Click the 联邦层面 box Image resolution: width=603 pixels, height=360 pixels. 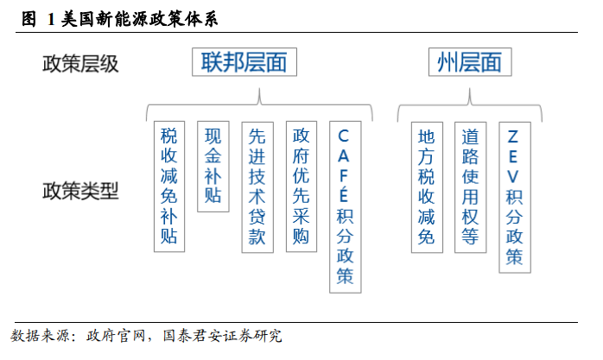(x=244, y=62)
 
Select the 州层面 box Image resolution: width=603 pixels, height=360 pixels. (x=470, y=62)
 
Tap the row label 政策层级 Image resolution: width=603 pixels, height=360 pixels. (x=80, y=64)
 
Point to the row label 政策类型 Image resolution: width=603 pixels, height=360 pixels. (x=80, y=191)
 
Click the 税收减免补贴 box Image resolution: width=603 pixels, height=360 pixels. (x=169, y=186)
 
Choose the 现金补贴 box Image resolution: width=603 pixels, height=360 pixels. (x=213, y=167)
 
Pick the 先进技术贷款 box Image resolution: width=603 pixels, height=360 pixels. (x=257, y=187)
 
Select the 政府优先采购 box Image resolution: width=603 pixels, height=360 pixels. (x=301, y=186)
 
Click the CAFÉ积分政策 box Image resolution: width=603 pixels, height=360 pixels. (x=346, y=207)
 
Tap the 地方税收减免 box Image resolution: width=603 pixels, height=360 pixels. (x=427, y=187)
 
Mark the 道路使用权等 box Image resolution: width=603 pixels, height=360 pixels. (x=470, y=187)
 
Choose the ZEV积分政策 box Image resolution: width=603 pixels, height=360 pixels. (x=515, y=198)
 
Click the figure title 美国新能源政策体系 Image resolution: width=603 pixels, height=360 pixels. (x=139, y=19)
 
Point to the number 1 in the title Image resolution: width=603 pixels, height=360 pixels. (x=51, y=19)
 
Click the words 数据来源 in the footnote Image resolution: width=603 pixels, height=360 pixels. (x=41, y=336)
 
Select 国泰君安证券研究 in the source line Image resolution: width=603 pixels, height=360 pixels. (x=222, y=336)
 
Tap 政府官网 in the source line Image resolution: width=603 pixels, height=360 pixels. (x=116, y=336)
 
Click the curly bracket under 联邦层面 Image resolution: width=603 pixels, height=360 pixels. (x=259, y=104)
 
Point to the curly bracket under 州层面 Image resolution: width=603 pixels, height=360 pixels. (x=470, y=104)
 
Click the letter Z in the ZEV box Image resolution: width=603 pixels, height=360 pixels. (x=513, y=136)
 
